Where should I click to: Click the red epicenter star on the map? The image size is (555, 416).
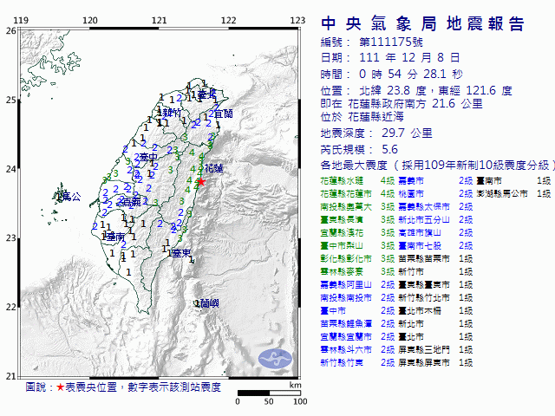(x=201, y=182)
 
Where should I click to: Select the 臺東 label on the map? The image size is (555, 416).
(x=180, y=253)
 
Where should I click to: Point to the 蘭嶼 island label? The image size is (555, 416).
(x=208, y=302)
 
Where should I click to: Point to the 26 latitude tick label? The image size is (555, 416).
(x=10, y=30)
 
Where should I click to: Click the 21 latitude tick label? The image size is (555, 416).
(x=10, y=375)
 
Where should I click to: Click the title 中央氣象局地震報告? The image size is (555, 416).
(x=422, y=23)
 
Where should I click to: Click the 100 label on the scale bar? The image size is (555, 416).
(x=299, y=401)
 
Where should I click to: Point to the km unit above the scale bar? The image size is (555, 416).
(x=296, y=385)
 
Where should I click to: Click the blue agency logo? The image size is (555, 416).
(x=279, y=357)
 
